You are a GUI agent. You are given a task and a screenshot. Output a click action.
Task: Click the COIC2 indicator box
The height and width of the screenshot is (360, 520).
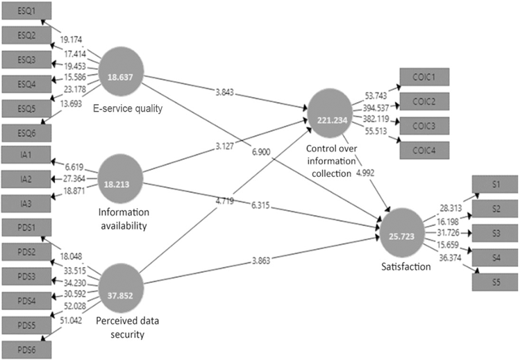click(x=423, y=100)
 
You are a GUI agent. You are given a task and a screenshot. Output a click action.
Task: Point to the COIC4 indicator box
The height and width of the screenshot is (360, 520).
click(x=423, y=148)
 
